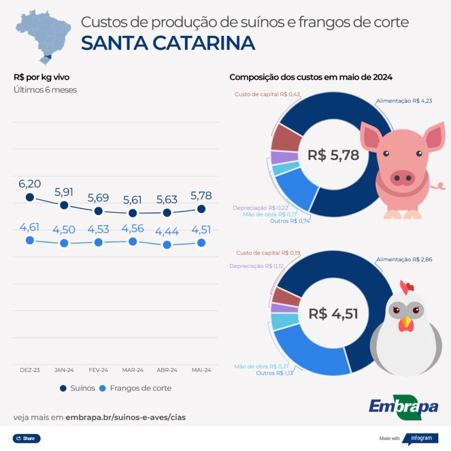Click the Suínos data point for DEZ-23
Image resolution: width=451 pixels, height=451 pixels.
pos(30,197)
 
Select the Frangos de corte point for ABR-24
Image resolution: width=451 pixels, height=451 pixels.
pos(167,245)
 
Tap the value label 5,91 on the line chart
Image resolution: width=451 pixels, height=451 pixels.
pos(64,193)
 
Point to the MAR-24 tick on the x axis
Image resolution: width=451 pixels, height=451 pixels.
pos(133,370)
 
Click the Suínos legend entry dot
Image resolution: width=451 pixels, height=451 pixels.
pos(63,388)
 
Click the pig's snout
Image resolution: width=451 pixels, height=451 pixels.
pos(403,177)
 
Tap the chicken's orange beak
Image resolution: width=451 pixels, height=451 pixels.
pos(406,323)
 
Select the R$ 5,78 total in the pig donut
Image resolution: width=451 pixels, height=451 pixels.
pos(333,155)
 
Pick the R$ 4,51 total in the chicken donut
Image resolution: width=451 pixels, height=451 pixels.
pos(333,314)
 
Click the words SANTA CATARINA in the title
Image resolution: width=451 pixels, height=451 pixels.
pos(168,43)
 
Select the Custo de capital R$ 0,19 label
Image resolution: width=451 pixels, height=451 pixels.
pos(268,253)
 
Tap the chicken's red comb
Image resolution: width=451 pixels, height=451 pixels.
pos(406,287)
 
